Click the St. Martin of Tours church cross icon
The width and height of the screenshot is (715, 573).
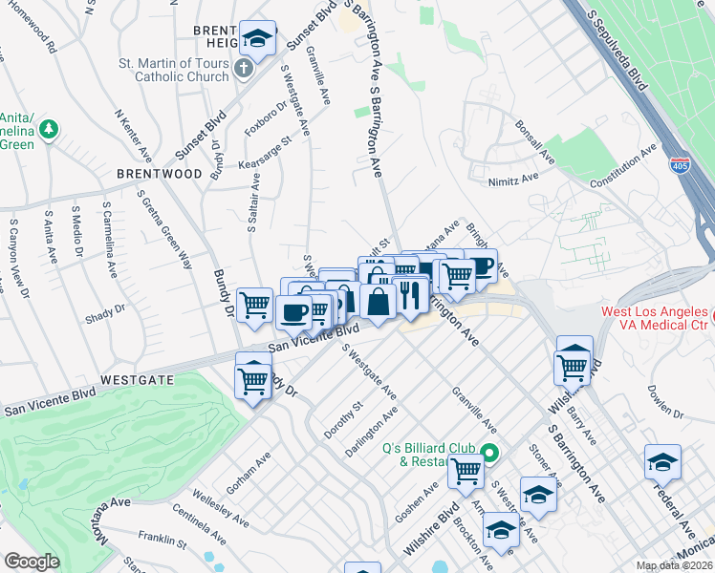244,69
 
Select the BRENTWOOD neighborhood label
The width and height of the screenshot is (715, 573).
160,174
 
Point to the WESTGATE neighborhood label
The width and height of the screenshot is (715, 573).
137,379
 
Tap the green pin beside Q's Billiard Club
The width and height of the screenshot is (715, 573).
489,455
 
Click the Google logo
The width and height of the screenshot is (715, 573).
32,562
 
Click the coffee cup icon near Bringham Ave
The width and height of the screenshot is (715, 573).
482,266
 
